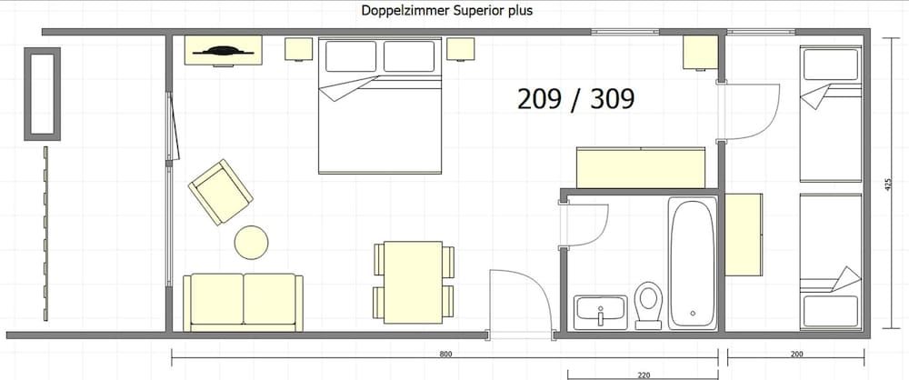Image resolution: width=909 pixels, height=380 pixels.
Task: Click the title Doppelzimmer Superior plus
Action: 446,10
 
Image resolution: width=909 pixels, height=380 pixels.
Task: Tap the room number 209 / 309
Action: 575,99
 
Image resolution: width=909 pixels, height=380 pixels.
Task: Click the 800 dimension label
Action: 445,354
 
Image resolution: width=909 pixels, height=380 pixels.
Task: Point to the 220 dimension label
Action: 643,375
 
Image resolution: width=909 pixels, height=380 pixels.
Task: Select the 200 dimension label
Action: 796,354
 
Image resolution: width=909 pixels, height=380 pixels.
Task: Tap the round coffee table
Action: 251,243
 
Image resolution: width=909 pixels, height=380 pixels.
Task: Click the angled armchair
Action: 220,192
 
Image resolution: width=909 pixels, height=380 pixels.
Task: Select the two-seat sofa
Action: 243,302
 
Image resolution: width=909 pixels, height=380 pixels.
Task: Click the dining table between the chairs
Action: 414,282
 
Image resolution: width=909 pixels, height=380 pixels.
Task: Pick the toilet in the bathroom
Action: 648,305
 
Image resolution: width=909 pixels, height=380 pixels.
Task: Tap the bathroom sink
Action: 601,312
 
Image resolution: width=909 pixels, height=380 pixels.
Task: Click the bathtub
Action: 693,264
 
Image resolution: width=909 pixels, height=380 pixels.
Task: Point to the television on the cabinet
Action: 224,51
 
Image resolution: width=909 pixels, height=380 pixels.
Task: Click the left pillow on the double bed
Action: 351,56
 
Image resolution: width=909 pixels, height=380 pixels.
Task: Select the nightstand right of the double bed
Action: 460,49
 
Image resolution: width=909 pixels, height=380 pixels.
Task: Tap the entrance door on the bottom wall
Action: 519,302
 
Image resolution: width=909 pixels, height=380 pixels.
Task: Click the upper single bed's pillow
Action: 830,64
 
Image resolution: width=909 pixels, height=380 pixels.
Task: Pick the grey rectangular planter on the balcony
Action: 43,94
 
